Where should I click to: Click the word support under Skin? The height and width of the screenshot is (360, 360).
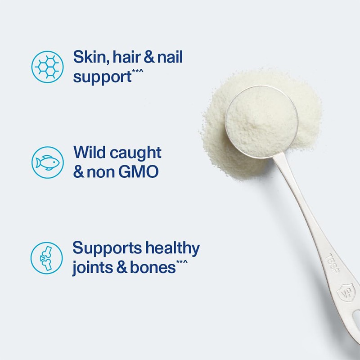click(x=102, y=76)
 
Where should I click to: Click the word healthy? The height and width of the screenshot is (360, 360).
click(x=174, y=248)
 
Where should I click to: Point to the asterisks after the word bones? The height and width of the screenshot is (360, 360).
click(x=182, y=262)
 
